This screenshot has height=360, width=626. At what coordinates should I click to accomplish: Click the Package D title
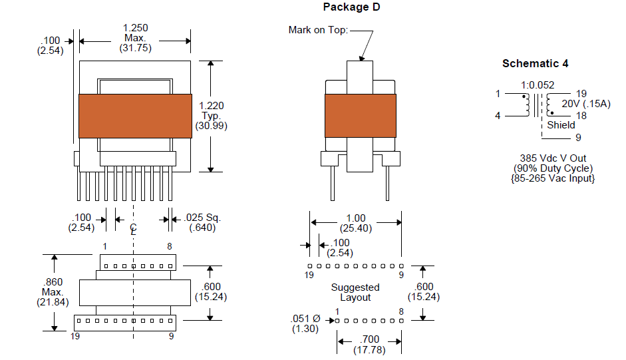351,7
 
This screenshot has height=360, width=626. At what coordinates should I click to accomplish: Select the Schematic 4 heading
535,63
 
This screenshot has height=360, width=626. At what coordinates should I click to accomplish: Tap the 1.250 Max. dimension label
135,38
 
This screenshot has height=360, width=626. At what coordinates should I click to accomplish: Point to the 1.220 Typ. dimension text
211,116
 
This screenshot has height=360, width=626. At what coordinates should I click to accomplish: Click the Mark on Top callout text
318,30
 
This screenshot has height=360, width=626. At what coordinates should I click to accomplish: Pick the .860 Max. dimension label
53,292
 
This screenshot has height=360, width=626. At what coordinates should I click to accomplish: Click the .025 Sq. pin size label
202,222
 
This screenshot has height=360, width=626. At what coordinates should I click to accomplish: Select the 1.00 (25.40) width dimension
356,224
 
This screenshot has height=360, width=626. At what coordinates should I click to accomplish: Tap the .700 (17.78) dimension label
369,345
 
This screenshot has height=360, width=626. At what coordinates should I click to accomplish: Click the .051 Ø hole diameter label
305,323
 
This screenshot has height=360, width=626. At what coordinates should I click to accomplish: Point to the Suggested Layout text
355,293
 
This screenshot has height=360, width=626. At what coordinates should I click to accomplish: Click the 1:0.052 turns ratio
538,85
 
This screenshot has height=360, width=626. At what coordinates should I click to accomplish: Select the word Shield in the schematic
561,125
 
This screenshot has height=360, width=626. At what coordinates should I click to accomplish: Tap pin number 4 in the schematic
498,116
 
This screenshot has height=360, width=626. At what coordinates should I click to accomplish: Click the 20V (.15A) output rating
586,104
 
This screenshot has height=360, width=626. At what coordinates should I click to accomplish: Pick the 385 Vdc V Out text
553,158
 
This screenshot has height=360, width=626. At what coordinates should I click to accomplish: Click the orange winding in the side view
361,116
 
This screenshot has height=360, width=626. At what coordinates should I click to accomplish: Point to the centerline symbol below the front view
133,230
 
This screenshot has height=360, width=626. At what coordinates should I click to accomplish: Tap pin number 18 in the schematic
581,116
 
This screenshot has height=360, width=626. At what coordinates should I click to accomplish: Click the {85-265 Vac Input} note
553,178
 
